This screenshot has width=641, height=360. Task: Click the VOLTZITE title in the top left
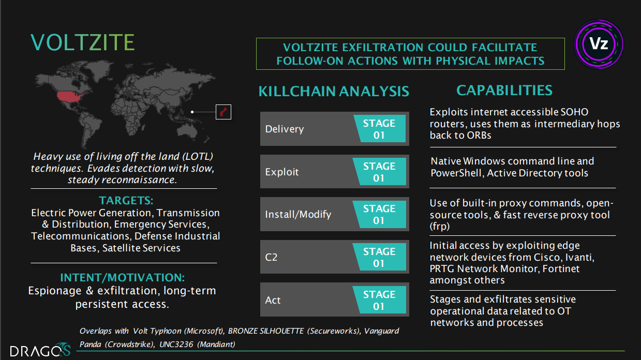click(83, 42)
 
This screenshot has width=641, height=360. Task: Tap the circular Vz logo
click(599, 44)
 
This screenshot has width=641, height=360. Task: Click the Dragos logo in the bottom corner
click(40, 350)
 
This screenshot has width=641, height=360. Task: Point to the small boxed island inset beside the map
click(223, 112)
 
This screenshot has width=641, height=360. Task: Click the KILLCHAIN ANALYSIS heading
click(334, 92)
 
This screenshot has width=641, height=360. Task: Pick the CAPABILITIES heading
click(504, 91)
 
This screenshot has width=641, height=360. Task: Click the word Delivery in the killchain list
click(285, 129)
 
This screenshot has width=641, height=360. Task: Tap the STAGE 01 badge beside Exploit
click(379, 172)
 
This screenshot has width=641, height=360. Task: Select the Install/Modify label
click(298, 214)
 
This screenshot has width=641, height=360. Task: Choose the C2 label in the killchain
click(272, 257)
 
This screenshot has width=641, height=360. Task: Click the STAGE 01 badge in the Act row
click(379, 300)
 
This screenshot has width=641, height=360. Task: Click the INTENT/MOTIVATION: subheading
click(122, 277)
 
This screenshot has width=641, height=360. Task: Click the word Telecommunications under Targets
click(78, 236)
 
